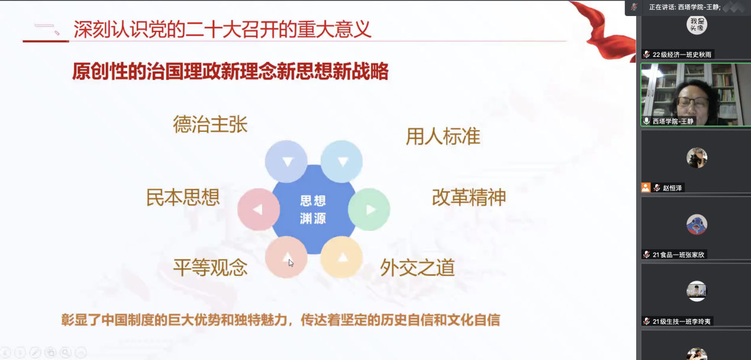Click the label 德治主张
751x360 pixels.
pos(210,124)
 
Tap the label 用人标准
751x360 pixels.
pos(443,137)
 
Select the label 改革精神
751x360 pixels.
pos(469,198)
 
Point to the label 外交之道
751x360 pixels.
pos(417,268)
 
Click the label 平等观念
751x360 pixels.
pos(210,268)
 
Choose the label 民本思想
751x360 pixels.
pos(183,197)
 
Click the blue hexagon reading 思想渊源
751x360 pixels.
pos(313,210)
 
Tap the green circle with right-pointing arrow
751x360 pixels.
pos(369,209)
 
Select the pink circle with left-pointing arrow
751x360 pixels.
pos(258,210)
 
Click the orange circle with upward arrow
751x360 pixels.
pos(341,257)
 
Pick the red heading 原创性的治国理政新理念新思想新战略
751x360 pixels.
pos(230,72)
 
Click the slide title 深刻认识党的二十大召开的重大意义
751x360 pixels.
pos(223,29)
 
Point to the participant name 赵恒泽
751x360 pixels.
pos(672,188)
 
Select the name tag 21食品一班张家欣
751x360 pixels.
pos(678,255)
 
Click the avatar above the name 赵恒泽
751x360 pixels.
pos(697,158)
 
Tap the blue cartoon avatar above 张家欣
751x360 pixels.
pos(697,224)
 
